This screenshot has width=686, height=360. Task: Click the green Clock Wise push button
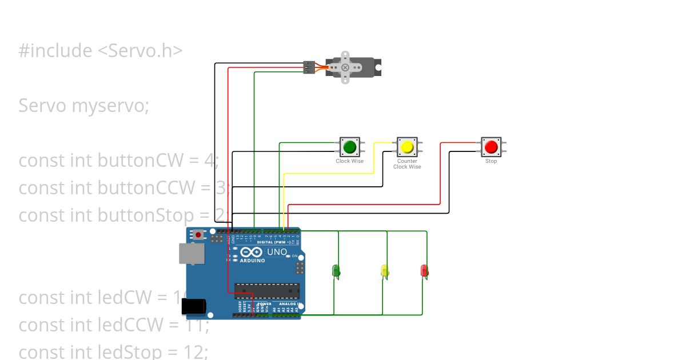(349, 147)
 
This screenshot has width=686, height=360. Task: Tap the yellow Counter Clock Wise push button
(407, 147)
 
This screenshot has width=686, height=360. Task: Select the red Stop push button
(490, 147)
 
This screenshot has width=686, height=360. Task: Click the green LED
(336, 270)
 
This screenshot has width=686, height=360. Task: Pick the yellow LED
(385, 270)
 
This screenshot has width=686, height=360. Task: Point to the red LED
(424, 270)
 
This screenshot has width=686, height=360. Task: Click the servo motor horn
(345, 67)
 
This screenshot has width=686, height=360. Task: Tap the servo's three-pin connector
(309, 67)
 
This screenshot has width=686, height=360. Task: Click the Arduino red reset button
(198, 234)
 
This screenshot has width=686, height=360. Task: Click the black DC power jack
(193, 307)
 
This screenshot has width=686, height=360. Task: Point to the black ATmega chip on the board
(266, 291)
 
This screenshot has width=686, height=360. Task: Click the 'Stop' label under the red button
(491, 161)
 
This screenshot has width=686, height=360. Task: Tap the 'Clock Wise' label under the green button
(349, 161)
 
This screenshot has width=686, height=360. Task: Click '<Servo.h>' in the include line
(140, 51)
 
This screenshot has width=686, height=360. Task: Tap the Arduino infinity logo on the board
(252, 252)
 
